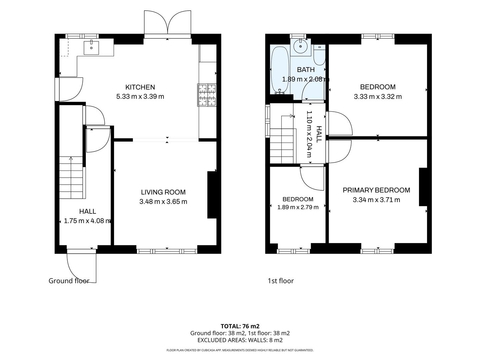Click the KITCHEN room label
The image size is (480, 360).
pos(140,87)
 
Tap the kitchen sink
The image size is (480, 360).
pos(91,48)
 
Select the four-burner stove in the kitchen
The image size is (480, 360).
pos(207,95)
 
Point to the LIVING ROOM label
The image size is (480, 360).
pos(163,192)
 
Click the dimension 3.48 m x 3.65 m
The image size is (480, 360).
pos(163,202)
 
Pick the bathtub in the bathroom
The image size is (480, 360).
pos(280,70)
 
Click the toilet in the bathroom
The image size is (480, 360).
pos(319,55)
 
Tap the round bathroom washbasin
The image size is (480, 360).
pos(301,46)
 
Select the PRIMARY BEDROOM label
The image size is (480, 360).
pos(376,190)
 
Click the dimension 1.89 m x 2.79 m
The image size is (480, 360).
pos(298,207)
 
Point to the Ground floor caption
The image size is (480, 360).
pos(69,281)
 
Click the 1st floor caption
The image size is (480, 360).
pos(281,281)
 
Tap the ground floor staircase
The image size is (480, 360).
pos(71,177)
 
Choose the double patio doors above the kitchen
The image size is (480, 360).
pos(168,24)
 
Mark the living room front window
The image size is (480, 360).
pos(167,251)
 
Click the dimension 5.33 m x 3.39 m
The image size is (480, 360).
pos(140,96)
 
